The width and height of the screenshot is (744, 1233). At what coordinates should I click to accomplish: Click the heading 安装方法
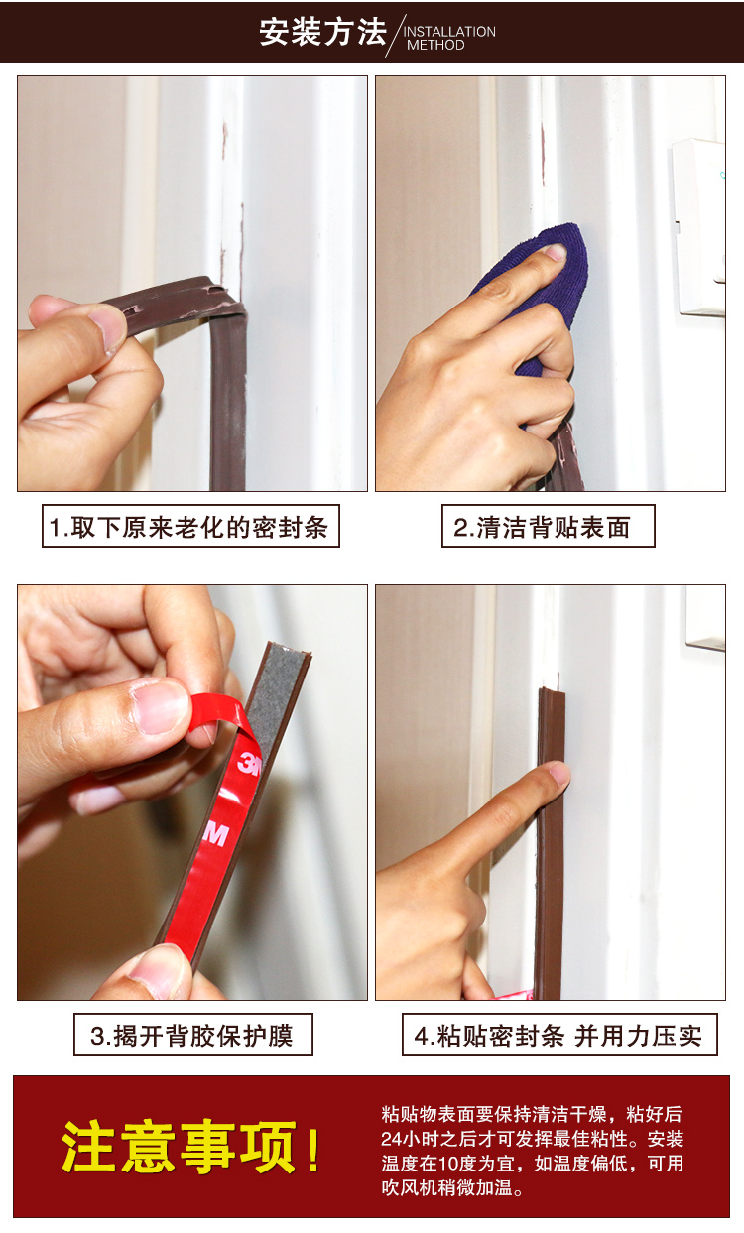tap(322, 32)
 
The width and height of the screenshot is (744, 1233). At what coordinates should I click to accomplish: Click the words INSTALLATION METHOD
tap(448, 38)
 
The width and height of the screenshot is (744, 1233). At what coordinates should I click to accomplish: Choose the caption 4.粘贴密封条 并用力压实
tap(558, 1036)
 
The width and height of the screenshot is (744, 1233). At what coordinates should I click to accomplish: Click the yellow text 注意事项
tap(179, 1148)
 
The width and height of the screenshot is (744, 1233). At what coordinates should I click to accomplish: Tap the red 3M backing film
tap(223, 843)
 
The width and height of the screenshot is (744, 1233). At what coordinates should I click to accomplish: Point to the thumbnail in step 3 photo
tap(159, 706)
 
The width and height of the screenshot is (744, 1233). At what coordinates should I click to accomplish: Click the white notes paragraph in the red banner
tap(532, 1151)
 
